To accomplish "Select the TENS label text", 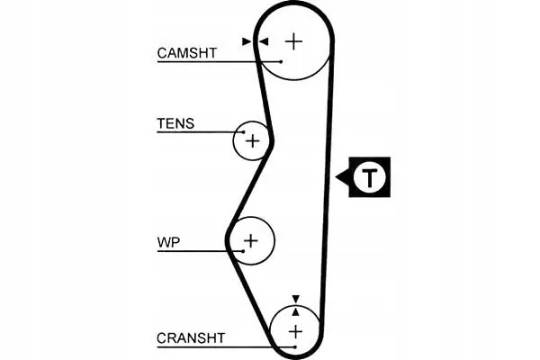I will click(x=175, y=123).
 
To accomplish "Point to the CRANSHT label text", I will click(x=190, y=338).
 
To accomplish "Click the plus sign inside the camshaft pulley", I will click(x=294, y=41).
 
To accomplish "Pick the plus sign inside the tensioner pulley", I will click(x=253, y=140).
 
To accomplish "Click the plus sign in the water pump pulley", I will click(x=250, y=240).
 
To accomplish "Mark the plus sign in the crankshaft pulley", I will click(x=295, y=331).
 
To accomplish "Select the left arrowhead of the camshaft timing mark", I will click(x=247, y=40).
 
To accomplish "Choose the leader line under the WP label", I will click(x=189, y=251).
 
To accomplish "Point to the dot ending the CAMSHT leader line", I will click(x=282, y=61).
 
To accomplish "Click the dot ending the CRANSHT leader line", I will click(x=281, y=346).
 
